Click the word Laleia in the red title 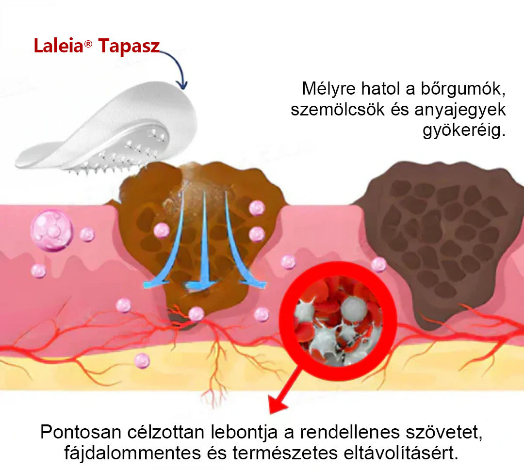pyautogui.click(x=59, y=46)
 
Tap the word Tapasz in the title pyautogui.click(x=129, y=47)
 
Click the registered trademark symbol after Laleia pyautogui.click(x=88, y=44)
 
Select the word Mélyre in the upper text pyautogui.click(x=329, y=89)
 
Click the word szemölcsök pyautogui.click(x=338, y=110)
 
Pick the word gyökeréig pyautogui.click(x=464, y=130)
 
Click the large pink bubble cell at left pyautogui.click(x=51, y=230)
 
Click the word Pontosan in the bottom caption pyautogui.click(x=81, y=432)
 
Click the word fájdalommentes pyautogui.click(x=132, y=454)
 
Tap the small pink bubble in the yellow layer pyautogui.click(x=142, y=361)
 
